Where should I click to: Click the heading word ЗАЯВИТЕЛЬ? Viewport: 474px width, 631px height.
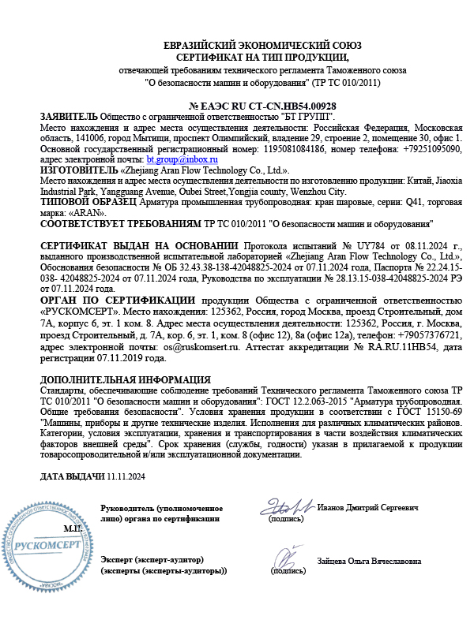pos(69,116)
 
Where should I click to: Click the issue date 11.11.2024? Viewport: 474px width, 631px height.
pos(126,476)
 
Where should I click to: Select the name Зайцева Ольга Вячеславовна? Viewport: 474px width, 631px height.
pos(368,561)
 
